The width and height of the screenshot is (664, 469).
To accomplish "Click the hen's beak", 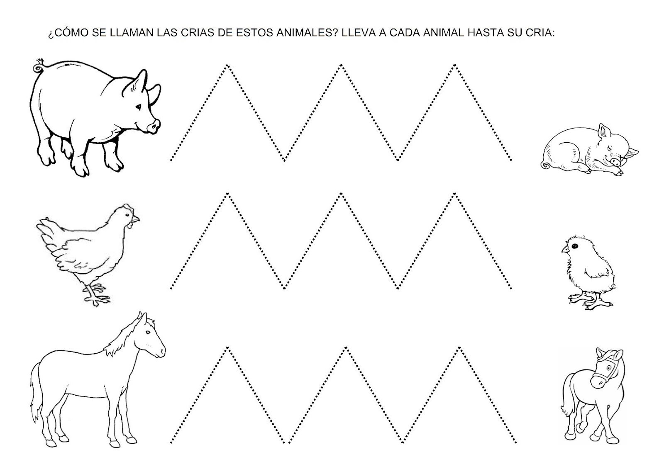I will coord(137,219).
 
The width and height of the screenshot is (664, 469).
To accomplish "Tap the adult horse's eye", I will coord(148,333).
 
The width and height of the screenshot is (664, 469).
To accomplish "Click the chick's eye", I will coord(574,246).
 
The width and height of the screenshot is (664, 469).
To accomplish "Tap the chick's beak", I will coord(564,249).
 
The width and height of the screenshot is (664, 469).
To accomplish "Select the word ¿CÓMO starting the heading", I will coord(65,33).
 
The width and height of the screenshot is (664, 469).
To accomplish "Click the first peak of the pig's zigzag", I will coord(227,65).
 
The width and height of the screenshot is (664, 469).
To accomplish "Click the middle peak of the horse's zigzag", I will coord(346,347).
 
